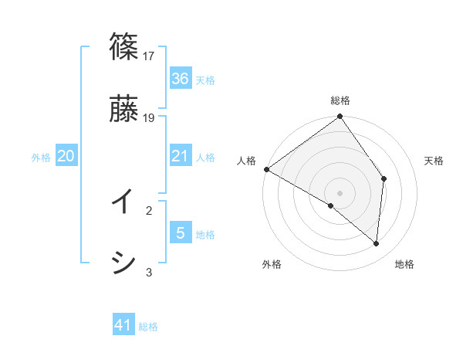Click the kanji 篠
click(123, 46)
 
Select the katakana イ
click(123, 202)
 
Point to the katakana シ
click(123, 263)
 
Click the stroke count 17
click(150, 56)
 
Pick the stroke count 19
click(150, 117)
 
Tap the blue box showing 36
click(181, 79)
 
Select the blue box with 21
click(181, 156)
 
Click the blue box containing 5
click(181, 233)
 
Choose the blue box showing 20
click(66, 156)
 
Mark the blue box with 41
click(123, 326)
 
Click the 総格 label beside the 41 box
click(148, 327)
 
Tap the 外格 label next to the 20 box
click(41, 157)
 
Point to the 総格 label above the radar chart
click(340, 100)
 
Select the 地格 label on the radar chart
click(404, 264)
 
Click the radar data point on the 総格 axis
click(340, 117)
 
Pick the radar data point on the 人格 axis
click(266, 169)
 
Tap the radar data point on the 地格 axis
click(376, 243)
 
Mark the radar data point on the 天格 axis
click(384, 179)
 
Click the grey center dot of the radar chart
click(340, 193)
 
